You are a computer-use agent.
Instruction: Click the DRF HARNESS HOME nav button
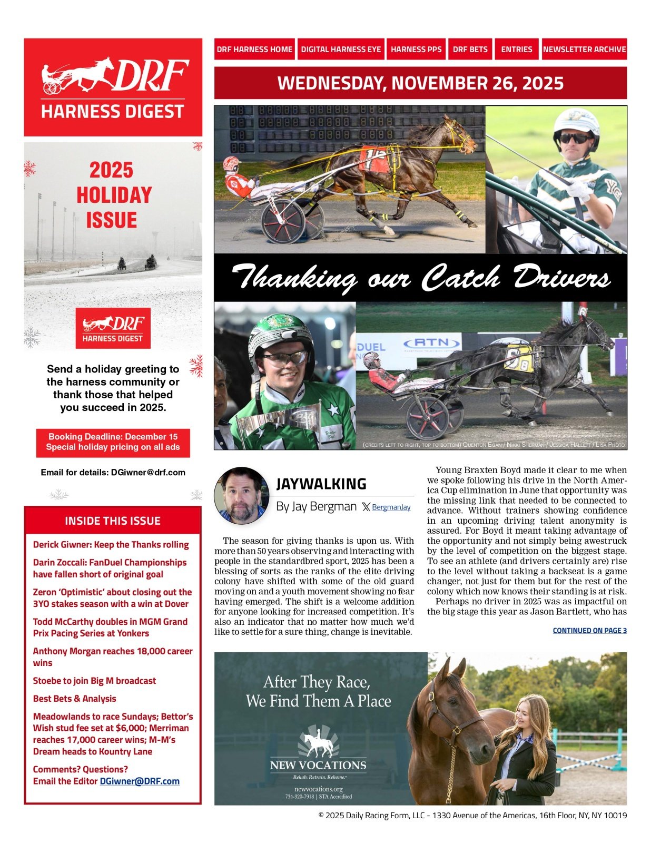tap(254, 49)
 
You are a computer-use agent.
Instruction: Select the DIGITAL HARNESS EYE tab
tap(341, 49)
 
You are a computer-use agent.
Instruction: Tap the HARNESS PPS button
tap(416, 49)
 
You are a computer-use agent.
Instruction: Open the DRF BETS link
tap(470, 49)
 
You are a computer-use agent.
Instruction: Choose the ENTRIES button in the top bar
tap(516, 49)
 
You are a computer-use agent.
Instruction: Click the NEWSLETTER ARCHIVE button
tap(584, 49)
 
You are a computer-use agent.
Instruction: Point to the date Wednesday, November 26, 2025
tap(420, 83)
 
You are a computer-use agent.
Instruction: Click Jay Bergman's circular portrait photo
tap(242, 495)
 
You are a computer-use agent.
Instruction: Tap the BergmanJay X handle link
tap(391, 507)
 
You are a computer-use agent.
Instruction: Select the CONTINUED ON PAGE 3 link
tap(589, 630)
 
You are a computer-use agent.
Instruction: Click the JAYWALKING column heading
tap(321, 484)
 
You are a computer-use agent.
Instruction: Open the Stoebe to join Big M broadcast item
tap(94, 681)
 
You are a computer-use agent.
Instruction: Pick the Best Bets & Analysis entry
tap(74, 699)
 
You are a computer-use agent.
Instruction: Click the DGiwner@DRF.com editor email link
tap(140, 781)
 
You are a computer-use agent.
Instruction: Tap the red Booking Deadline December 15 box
tap(113, 442)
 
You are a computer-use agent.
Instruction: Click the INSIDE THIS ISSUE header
tap(112, 521)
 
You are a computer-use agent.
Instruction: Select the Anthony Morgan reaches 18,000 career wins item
tap(112, 657)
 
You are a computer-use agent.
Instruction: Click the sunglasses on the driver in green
tap(575, 138)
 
